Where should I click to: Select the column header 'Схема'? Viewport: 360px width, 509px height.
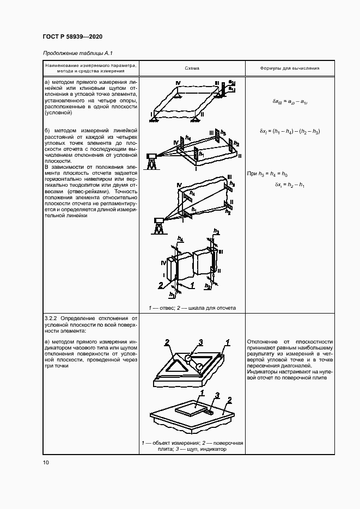[192, 69]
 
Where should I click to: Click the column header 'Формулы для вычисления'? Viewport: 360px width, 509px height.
[290, 69]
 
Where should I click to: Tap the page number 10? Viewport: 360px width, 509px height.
[46, 463]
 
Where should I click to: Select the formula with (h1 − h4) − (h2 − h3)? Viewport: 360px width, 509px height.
[290, 132]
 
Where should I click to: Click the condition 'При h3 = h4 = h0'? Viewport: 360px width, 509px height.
[267, 173]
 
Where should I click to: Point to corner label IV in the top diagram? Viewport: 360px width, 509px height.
[178, 82]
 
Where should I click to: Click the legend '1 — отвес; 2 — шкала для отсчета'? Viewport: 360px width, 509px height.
[192, 308]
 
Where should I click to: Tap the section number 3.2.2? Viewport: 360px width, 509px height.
[51, 317]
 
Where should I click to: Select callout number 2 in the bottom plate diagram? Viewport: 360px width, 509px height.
[230, 400]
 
